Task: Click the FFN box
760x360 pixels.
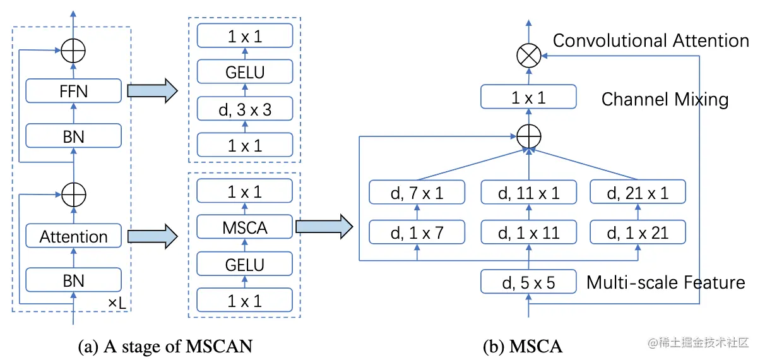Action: [x=73, y=92]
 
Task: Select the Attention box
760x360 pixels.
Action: [x=73, y=237]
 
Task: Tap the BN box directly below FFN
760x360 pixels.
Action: [x=73, y=135]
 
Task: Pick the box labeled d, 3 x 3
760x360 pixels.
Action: [x=245, y=109]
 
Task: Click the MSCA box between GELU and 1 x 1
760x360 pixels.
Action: [x=245, y=227]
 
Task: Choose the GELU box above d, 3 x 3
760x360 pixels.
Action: [x=245, y=73]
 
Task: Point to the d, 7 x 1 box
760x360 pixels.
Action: [x=417, y=193]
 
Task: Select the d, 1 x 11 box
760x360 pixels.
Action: [x=528, y=233]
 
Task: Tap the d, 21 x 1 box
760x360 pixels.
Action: [x=638, y=193]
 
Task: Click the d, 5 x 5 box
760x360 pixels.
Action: [x=528, y=282]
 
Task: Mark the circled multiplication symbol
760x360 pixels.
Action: [x=528, y=56]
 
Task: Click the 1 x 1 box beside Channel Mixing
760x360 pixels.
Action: [x=528, y=99]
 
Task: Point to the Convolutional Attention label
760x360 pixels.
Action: [x=651, y=41]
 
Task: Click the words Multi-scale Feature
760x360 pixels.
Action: [x=666, y=282]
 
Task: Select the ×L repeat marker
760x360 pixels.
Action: [x=117, y=303]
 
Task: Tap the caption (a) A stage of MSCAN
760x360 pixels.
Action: [x=165, y=345]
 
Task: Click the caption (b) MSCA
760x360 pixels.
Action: [x=522, y=346]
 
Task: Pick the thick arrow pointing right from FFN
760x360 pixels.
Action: [x=152, y=92]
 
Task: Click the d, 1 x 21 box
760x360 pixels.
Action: [x=638, y=233]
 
